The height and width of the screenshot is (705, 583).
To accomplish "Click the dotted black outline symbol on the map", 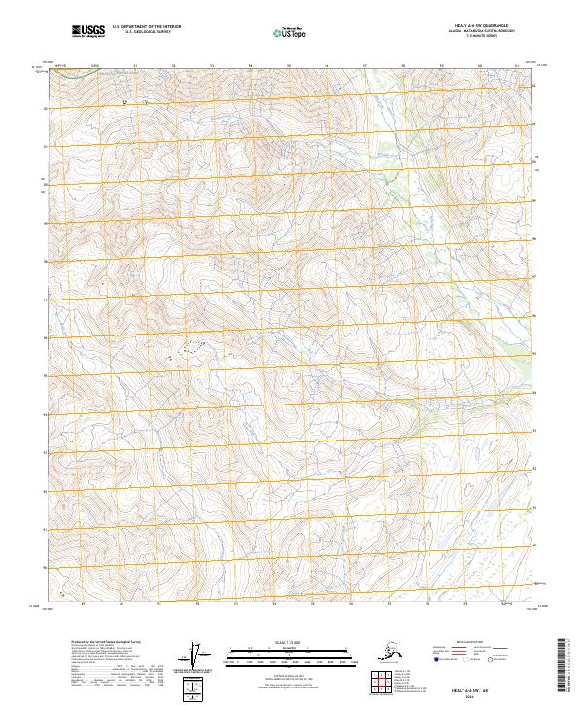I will click(191, 344).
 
